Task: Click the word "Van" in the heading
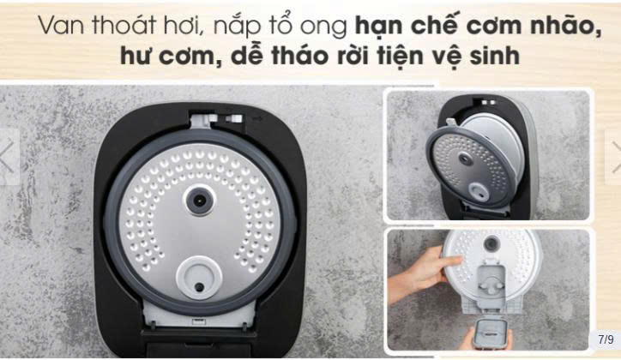tap(62, 26)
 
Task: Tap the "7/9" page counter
tap(606, 339)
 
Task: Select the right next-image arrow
tap(616, 157)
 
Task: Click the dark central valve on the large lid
tap(200, 201)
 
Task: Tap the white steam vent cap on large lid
tap(198, 278)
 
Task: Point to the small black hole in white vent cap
tap(199, 287)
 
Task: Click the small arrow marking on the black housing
tap(259, 117)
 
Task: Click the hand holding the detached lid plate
tap(424, 273)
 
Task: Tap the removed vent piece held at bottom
tap(491, 333)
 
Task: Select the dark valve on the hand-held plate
tap(491, 243)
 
